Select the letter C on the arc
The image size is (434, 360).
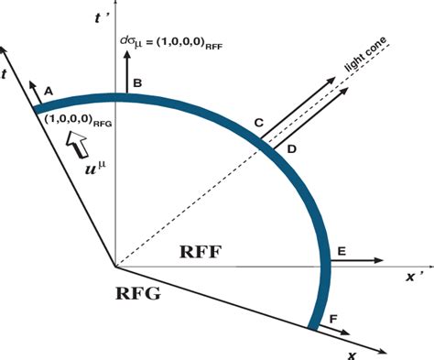coord(259,122)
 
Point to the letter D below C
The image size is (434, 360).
coord(291,148)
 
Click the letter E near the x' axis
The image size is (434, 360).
coord(341,250)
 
